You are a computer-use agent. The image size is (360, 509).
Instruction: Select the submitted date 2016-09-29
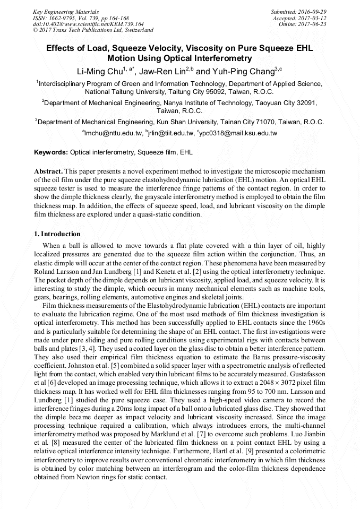tap(313, 11)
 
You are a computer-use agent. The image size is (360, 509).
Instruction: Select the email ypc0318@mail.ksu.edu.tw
tap(238, 133)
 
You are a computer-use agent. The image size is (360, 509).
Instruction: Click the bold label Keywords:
tap(51, 152)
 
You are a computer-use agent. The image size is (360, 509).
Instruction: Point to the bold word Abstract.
tap(48, 172)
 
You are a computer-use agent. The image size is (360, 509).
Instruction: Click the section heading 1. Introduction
tap(57, 234)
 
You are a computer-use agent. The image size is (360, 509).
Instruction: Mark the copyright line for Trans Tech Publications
tap(93, 30)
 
